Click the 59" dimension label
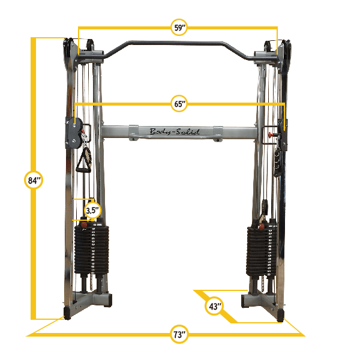(179, 27)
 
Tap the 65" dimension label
(179, 104)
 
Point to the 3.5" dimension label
(91, 211)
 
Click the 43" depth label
(214, 307)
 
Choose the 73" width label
(178, 334)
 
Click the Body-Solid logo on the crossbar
(175, 132)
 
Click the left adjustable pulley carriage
(74, 132)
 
